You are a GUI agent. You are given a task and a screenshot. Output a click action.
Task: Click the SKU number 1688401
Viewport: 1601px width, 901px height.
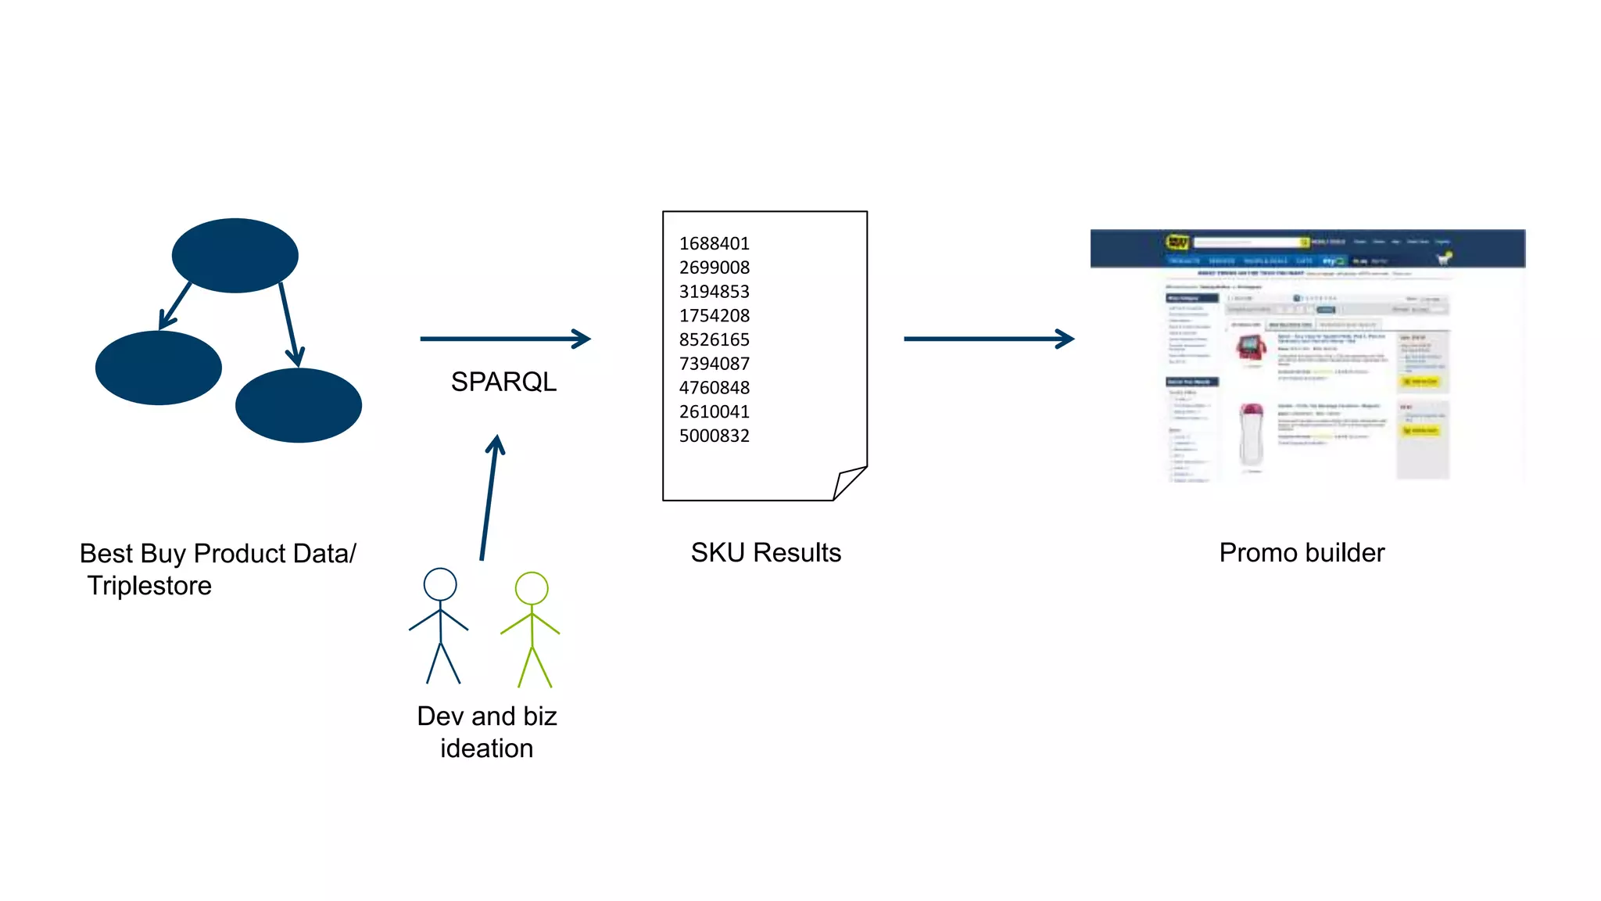click(x=714, y=243)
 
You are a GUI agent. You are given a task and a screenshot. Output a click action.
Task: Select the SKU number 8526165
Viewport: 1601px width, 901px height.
click(x=714, y=339)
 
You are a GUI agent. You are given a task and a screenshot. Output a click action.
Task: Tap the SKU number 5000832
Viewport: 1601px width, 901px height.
click(x=714, y=436)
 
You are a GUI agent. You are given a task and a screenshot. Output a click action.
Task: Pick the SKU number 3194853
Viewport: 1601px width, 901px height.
click(x=714, y=292)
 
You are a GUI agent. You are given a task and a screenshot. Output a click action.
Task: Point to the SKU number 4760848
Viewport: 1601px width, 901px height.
click(x=714, y=388)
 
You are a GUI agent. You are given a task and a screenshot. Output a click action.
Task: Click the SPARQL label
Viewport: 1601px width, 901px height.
click(x=503, y=382)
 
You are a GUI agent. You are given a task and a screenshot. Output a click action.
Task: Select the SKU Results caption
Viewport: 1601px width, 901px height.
click(x=765, y=553)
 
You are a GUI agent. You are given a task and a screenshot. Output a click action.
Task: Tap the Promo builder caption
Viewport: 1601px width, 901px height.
click(x=1302, y=553)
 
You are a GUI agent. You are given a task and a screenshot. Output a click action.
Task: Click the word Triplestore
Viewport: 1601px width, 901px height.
click(x=149, y=586)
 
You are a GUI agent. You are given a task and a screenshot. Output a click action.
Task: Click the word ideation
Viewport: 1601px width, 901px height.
click(x=486, y=748)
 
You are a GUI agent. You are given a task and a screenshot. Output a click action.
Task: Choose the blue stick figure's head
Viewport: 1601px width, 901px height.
click(x=440, y=584)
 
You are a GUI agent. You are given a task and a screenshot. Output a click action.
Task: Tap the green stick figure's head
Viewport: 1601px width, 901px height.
click(x=532, y=588)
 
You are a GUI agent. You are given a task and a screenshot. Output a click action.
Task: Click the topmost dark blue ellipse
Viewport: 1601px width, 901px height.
click(x=235, y=256)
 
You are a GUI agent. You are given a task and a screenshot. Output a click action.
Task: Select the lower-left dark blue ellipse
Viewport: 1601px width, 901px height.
click(x=159, y=368)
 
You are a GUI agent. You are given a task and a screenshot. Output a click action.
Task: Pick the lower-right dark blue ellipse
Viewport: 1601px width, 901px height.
click(x=299, y=405)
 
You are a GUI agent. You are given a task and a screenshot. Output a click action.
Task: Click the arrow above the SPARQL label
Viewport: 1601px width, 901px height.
click(x=504, y=339)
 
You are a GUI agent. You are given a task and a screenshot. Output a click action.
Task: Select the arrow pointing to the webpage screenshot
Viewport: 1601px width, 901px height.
click(x=988, y=339)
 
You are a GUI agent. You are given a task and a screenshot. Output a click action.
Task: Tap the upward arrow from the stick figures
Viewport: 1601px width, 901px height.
click(x=489, y=497)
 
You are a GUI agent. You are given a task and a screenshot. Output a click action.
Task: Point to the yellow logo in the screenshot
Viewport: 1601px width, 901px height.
click(x=1177, y=242)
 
